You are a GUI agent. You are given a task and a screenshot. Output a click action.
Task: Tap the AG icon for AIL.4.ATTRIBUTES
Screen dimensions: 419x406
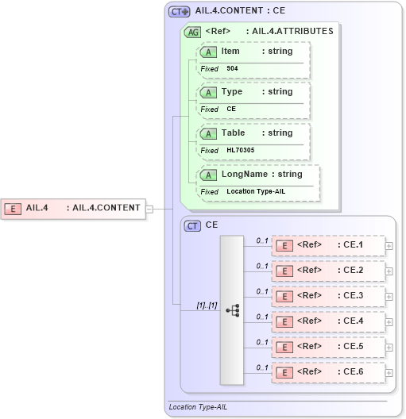pyautogui.click(x=193, y=33)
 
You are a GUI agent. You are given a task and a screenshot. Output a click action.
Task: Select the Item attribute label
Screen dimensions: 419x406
pyautogui.click(x=230, y=51)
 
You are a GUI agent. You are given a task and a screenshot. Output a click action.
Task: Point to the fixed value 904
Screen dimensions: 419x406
pyautogui.click(x=232, y=69)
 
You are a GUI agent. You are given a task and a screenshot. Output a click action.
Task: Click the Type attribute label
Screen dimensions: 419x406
pyautogui.click(x=231, y=91)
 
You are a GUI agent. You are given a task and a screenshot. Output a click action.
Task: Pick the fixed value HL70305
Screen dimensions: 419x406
pyautogui.click(x=240, y=150)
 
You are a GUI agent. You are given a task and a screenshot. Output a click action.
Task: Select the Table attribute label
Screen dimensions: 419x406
pyautogui.click(x=233, y=133)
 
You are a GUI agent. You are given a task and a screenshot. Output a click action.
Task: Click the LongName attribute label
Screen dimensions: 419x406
pyautogui.click(x=243, y=174)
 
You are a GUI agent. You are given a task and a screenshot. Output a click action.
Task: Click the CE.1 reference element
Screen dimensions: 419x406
pyautogui.click(x=328, y=245)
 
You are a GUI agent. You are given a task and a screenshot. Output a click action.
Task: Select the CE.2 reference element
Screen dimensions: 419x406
pyautogui.click(x=328, y=271)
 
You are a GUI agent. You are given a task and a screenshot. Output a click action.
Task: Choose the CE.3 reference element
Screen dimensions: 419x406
pyautogui.click(x=328, y=296)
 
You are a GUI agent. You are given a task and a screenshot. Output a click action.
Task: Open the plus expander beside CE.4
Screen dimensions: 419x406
pyautogui.click(x=389, y=321)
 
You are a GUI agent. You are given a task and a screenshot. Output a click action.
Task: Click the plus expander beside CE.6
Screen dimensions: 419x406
pyautogui.click(x=389, y=372)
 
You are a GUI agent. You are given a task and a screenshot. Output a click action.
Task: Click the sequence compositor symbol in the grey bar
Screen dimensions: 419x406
pyautogui.click(x=233, y=310)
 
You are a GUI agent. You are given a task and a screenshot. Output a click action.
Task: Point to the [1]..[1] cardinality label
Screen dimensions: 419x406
pyautogui.click(x=207, y=306)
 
